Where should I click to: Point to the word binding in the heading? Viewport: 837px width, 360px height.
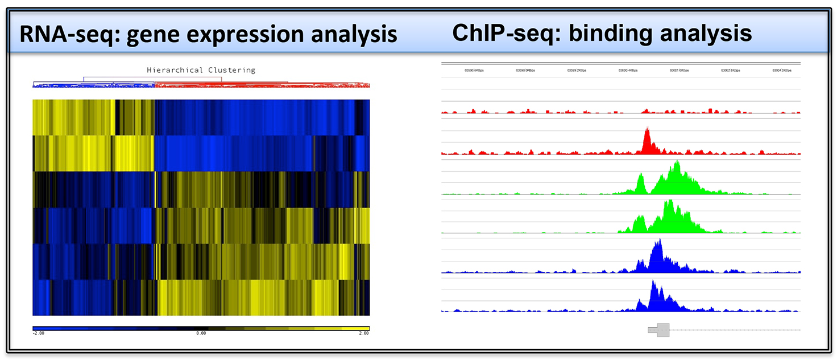[x=609, y=33]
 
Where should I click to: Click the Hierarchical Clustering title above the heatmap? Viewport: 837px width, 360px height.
[x=201, y=70]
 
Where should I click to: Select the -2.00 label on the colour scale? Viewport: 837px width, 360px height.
[x=39, y=333]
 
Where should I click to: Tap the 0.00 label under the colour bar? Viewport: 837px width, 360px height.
[x=201, y=333]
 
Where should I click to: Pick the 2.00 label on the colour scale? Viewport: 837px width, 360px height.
[x=363, y=333]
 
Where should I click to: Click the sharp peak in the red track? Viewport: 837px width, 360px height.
[x=647, y=136]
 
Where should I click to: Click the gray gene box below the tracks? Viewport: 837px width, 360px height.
[x=660, y=330]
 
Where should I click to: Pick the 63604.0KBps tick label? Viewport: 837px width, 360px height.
[x=782, y=71]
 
